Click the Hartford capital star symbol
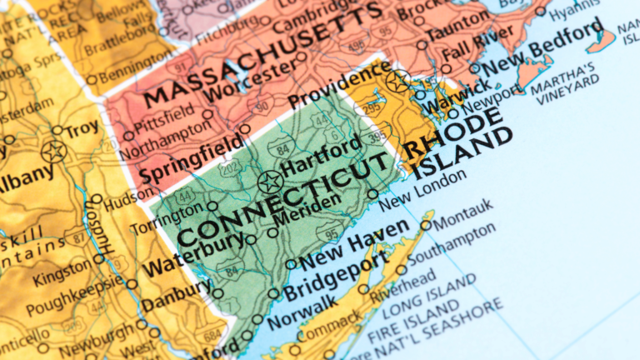pos(269,181)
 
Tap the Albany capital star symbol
pos(54,152)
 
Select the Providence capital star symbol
pos(397,81)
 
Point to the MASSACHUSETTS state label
pos(258,49)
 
